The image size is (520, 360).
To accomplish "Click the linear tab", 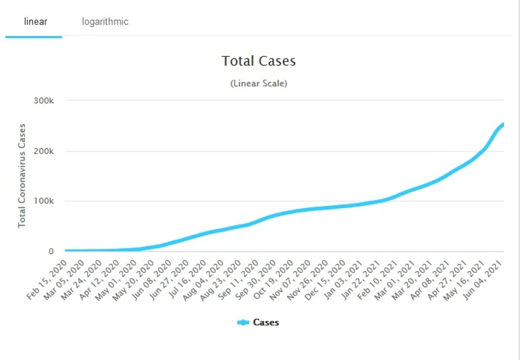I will pos(35,22).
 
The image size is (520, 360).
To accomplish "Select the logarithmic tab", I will pos(105,22).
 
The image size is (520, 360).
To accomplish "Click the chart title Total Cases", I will pos(259,61).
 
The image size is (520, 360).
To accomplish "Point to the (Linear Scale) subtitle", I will pos(259,84).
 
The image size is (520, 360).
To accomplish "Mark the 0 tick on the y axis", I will pos(51,251).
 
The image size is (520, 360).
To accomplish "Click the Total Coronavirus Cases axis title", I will pos(22,176).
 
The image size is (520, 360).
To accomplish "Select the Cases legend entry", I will pos(266,322).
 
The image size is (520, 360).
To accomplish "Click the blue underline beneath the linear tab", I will pos(34,37).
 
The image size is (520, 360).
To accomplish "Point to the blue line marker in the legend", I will pos(244,322).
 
